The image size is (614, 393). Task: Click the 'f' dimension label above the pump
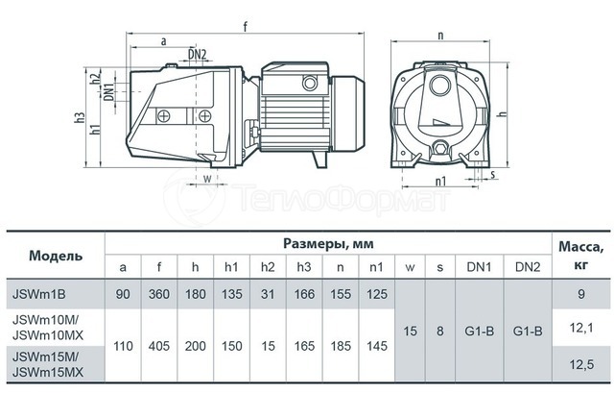pyautogui.click(x=246, y=26)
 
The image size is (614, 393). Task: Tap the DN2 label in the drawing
pyautogui.click(x=197, y=54)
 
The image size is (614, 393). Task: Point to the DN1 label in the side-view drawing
pyautogui.click(x=108, y=92)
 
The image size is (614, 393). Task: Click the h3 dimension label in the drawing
pyautogui.click(x=80, y=117)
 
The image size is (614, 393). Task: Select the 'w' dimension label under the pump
pyautogui.click(x=207, y=179)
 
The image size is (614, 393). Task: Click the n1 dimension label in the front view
pyautogui.click(x=440, y=181)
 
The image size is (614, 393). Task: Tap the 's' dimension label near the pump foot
pyautogui.click(x=492, y=173)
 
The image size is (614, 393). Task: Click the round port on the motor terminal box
pyautogui.click(x=309, y=84)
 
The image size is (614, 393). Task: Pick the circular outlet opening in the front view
pyautogui.click(x=440, y=84)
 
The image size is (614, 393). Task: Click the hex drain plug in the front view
pyautogui.click(x=440, y=149)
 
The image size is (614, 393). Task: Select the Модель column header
pyautogui.click(x=56, y=256)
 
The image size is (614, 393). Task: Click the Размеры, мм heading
pyautogui.click(x=328, y=243)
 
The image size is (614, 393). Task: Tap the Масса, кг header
pyautogui.click(x=581, y=255)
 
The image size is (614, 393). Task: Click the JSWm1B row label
pyautogui.click(x=38, y=294)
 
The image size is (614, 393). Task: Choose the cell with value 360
pyautogui.click(x=159, y=294)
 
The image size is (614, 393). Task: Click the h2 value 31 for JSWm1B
pyautogui.click(x=268, y=294)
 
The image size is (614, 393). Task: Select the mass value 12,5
pyautogui.click(x=581, y=365)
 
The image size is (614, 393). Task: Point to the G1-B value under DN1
pyautogui.click(x=480, y=332)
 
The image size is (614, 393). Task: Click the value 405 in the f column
pyautogui.click(x=159, y=346)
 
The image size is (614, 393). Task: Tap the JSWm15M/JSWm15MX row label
pyautogui.click(x=48, y=364)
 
